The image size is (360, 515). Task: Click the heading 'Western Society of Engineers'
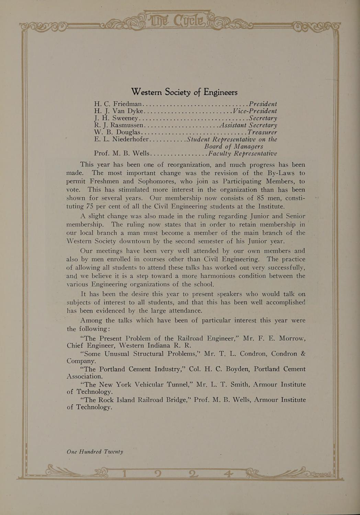click(x=184, y=92)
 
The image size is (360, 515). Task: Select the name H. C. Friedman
click(x=118, y=104)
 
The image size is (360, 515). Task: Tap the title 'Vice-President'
click(x=255, y=111)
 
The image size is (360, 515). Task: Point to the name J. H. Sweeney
click(x=116, y=118)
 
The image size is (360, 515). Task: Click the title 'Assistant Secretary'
click(x=248, y=125)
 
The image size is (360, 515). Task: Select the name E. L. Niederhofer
click(x=121, y=139)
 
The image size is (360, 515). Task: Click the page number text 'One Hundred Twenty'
click(x=95, y=452)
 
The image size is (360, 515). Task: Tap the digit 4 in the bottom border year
click(x=227, y=474)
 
